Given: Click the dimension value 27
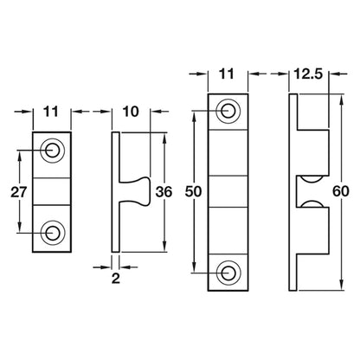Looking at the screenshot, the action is click(x=19, y=192).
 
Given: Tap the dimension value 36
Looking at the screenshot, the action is click(x=164, y=192).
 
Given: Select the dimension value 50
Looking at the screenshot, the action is click(x=193, y=191).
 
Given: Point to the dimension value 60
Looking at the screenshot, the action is click(x=341, y=191).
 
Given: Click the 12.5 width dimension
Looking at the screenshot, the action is click(x=308, y=74).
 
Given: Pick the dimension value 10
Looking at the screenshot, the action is click(x=131, y=112).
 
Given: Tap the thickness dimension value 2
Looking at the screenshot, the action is click(x=116, y=279).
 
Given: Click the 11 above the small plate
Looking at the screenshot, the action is click(x=51, y=112).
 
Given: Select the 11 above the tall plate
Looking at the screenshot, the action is click(x=227, y=74).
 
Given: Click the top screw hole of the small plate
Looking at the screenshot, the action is click(x=52, y=151).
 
